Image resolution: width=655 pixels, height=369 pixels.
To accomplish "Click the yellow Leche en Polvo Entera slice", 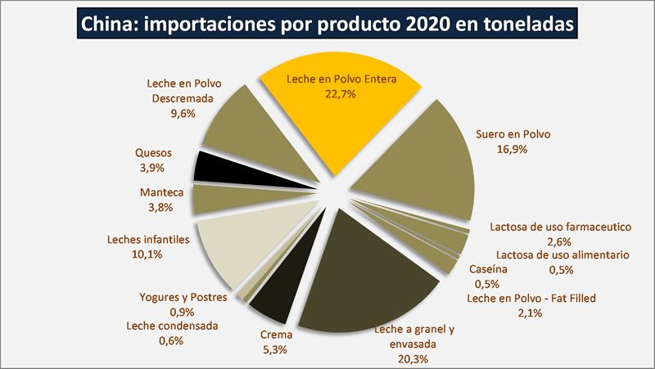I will [x=336, y=123].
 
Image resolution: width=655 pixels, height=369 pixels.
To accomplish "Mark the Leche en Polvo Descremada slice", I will [x=237, y=123].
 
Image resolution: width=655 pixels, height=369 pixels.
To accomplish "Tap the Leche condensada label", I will [x=172, y=326].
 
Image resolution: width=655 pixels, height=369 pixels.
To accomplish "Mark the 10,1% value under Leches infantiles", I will [x=147, y=254].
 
